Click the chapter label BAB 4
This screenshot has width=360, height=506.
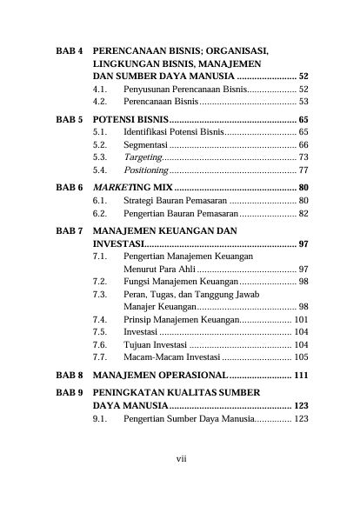click(x=69, y=52)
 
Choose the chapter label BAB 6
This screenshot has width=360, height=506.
click(x=69, y=188)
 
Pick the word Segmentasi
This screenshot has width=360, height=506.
click(x=144, y=144)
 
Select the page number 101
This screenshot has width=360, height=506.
click(x=302, y=319)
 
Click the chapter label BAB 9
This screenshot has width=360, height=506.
click(x=69, y=392)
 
